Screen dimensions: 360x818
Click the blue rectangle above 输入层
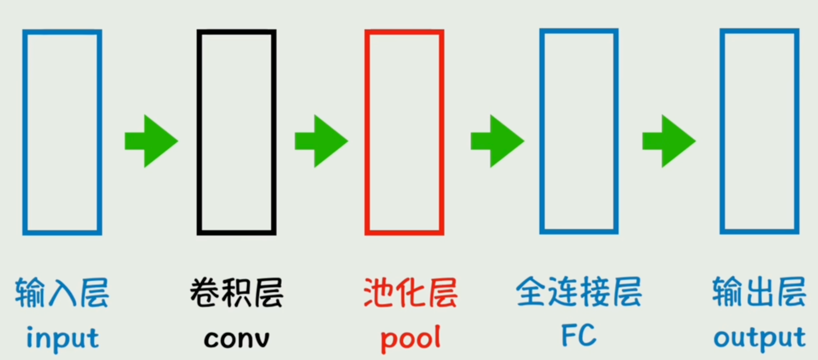pyautogui.click(x=62, y=132)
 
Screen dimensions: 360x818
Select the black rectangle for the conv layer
pyautogui.click(x=236, y=132)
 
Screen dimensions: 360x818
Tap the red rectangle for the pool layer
pyautogui.click(x=404, y=132)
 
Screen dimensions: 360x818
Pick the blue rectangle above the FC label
pyautogui.click(x=579, y=131)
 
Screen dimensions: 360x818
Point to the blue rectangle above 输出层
pyautogui.click(x=759, y=131)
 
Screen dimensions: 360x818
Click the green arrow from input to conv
pyautogui.click(x=151, y=141)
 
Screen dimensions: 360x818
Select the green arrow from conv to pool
pyautogui.click(x=321, y=141)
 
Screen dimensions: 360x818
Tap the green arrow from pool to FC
pyautogui.click(x=497, y=141)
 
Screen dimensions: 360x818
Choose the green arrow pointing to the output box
pyautogui.click(x=669, y=141)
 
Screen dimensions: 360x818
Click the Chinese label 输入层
pyautogui.click(x=62, y=293)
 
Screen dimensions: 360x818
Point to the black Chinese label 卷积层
pyautogui.click(x=236, y=293)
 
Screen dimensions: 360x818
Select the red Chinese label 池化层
pyautogui.click(x=410, y=293)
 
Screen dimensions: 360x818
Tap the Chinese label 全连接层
pyautogui.click(x=579, y=292)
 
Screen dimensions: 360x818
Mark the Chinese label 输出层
pyautogui.click(x=759, y=292)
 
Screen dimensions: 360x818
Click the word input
pyautogui.click(x=62, y=339)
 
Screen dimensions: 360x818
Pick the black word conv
pyautogui.click(x=236, y=339)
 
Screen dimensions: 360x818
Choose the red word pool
pyautogui.click(x=410, y=339)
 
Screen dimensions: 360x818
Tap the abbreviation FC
pyautogui.click(x=578, y=336)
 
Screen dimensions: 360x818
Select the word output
pyautogui.click(x=759, y=339)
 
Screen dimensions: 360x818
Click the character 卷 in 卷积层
pyautogui.click(x=204, y=293)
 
